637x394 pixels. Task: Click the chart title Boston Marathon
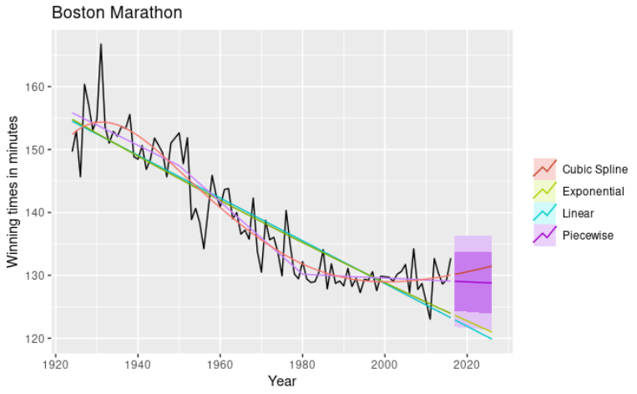(116, 13)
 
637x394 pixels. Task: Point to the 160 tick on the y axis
(38, 87)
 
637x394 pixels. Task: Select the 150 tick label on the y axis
(38, 150)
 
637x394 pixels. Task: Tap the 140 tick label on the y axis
(38, 213)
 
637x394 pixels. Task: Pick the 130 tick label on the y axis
(38, 275)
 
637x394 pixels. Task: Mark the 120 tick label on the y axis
(38, 338)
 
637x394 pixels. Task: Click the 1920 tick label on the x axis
(55, 364)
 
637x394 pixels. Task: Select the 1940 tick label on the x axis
(138, 364)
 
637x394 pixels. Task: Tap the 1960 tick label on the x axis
(220, 364)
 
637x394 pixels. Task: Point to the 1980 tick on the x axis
(302, 364)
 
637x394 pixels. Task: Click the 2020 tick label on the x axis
(467, 364)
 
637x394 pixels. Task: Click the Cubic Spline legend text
(594, 169)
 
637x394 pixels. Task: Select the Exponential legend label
(593, 191)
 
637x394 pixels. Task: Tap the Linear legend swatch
(543, 213)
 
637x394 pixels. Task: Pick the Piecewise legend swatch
(543, 235)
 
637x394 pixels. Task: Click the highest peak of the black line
(101, 43)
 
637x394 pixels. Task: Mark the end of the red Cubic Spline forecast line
(492, 266)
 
